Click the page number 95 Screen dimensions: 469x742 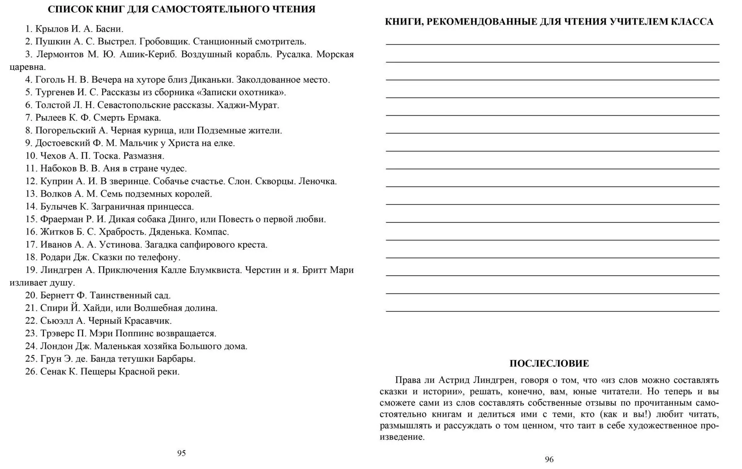181,453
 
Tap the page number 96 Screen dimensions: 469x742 549,459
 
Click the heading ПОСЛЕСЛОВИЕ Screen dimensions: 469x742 549,364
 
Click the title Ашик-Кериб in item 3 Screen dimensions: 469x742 148,54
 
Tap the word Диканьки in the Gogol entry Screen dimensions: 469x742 211,80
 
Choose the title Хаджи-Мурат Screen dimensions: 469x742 248,105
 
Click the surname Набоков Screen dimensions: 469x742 56,169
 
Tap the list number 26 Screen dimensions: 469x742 31,372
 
